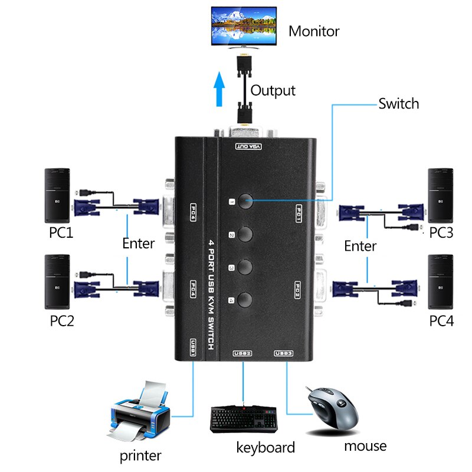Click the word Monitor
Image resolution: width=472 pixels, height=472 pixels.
tap(314, 31)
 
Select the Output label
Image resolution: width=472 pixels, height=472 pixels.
tap(273, 91)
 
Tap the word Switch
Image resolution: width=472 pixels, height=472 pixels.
tap(398, 104)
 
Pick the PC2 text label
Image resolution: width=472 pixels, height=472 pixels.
tap(61, 321)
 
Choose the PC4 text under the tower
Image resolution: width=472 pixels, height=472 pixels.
tap(441, 321)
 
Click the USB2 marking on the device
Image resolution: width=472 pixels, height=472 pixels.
tap(242, 353)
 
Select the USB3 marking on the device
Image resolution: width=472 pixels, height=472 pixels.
tap(284, 353)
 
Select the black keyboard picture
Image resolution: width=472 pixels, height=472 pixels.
tap(244, 418)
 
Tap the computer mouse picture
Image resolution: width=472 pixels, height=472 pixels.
tap(332, 408)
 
